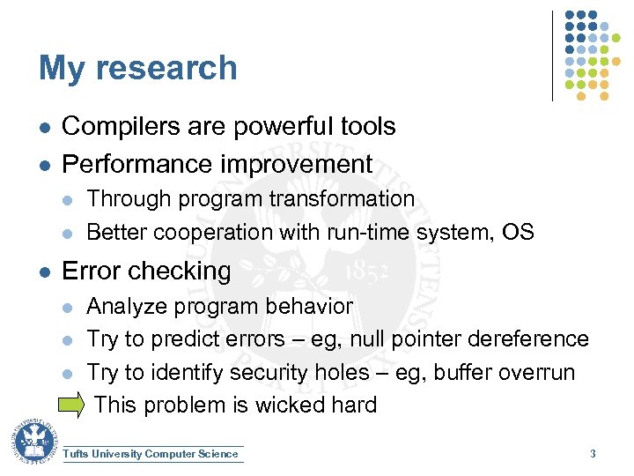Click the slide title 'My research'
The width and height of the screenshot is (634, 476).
pos(138,68)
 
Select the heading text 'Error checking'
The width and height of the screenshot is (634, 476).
pos(146,271)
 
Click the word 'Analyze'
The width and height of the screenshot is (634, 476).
pos(127,307)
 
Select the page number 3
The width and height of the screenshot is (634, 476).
pos(593,454)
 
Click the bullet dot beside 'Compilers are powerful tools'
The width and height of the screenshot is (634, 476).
pos(44,128)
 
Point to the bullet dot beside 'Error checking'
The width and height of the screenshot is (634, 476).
pos(44,271)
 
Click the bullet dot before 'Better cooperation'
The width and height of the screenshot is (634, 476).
pos(70,234)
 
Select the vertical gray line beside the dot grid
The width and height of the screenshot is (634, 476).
pos(553,55)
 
